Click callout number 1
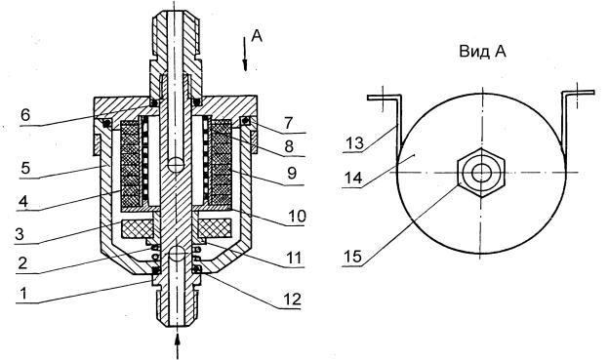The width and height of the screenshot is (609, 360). tap(23, 294)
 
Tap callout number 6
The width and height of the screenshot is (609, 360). tap(25, 115)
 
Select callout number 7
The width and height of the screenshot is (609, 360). tap(288, 123)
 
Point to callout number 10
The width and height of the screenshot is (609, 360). tap(297, 216)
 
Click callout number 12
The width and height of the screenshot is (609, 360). tap(292, 300)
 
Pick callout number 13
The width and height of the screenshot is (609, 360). tap(354, 142)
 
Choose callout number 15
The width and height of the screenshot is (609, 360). tap(352, 257)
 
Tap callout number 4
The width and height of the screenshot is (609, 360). tap(23, 201)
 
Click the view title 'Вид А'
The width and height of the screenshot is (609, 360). tap(483, 51)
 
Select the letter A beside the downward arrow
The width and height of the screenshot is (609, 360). tap(257, 35)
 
